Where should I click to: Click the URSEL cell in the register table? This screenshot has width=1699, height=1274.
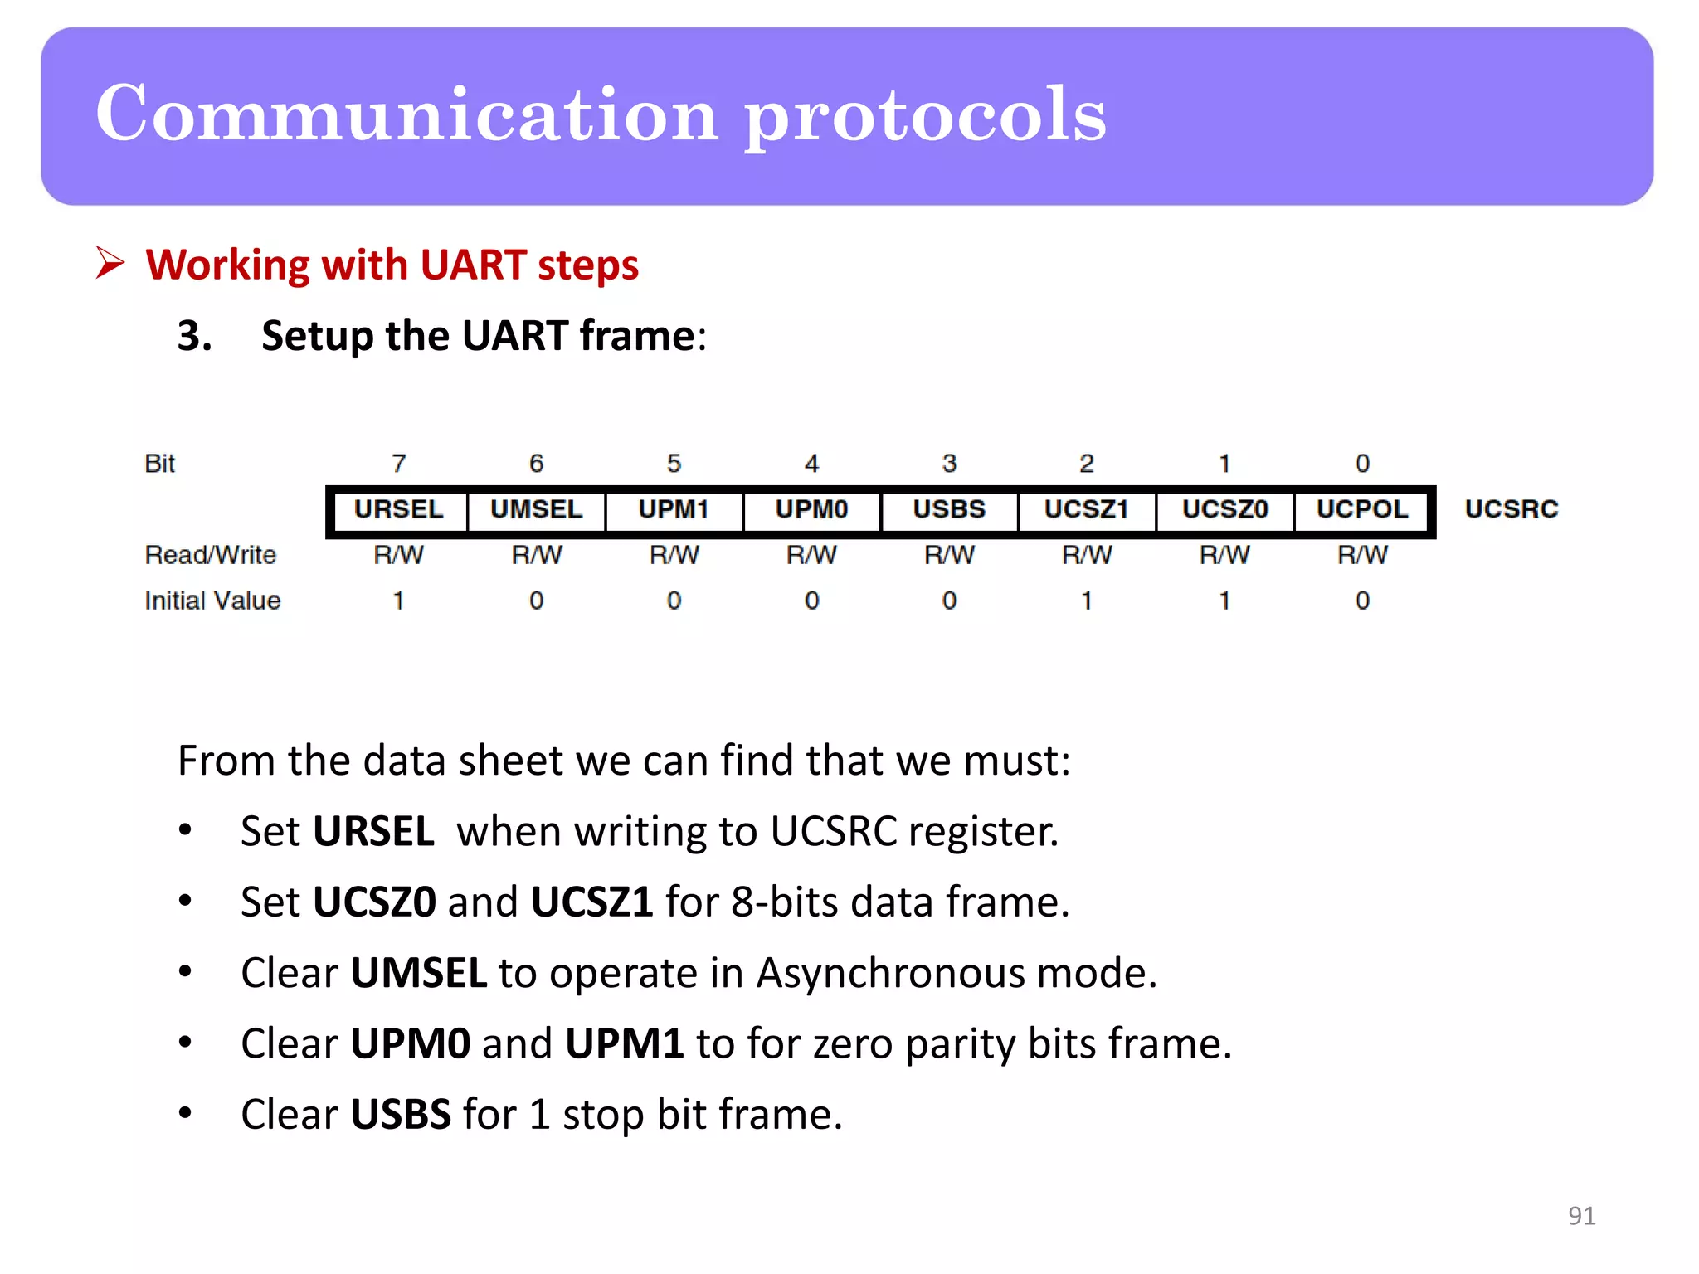tap(398, 509)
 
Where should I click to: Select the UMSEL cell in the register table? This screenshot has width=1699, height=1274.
tap(536, 509)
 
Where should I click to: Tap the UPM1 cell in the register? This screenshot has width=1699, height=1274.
tap(674, 509)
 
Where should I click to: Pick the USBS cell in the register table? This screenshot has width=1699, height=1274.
tap(949, 509)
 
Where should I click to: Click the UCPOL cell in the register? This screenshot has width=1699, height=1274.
tap(1362, 509)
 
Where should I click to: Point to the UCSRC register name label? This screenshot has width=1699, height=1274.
tap(1511, 509)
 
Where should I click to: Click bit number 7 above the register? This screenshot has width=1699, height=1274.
tap(399, 464)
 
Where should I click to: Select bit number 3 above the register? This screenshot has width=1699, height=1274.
tap(949, 464)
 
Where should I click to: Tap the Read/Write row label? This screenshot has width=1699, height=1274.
tap(211, 555)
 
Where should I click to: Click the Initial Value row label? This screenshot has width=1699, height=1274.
tap(212, 601)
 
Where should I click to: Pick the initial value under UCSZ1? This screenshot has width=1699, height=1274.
tap(1087, 601)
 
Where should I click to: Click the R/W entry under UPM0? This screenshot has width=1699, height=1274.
tap(811, 555)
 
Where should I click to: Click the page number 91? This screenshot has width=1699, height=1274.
tap(1581, 1216)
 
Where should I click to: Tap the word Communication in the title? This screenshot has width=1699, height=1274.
tap(406, 114)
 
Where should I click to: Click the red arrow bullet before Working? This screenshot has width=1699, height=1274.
tap(110, 263)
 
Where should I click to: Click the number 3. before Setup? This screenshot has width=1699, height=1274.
tap(194, 336)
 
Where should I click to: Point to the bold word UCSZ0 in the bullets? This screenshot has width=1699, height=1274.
tap(374, 902)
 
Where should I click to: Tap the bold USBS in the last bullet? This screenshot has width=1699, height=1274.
tap(401, 1115)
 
